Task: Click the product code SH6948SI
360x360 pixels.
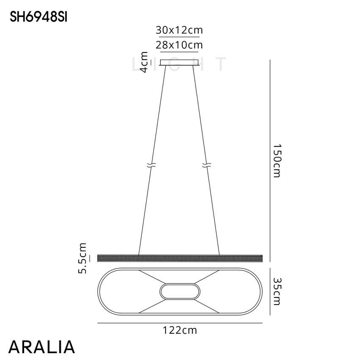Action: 39,17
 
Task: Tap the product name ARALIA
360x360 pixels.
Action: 42,347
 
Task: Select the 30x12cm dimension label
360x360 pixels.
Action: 179,30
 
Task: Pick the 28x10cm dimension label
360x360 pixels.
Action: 179,45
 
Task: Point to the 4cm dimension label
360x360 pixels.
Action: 144,62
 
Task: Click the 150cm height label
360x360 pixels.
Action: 277,161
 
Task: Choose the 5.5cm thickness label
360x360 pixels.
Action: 83,258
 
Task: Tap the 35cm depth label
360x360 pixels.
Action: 277,291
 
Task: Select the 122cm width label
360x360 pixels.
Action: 180,330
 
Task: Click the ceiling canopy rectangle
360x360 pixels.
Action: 179,62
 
